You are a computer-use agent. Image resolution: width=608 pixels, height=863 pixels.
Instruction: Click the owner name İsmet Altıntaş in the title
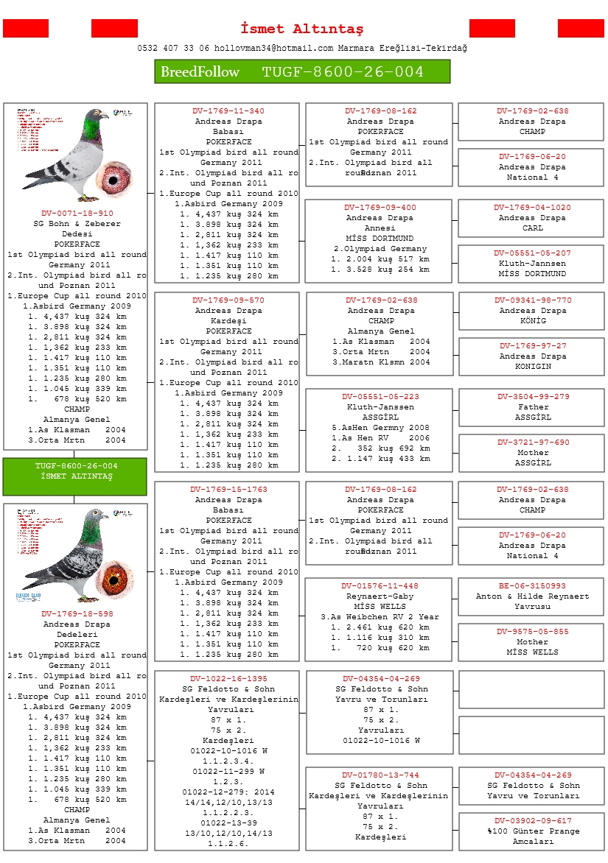click(x=302, y=29)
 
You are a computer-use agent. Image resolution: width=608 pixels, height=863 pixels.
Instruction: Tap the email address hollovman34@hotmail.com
click(x=274, y=48)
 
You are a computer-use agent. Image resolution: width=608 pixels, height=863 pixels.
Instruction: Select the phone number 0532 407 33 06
click(x=173, y=48)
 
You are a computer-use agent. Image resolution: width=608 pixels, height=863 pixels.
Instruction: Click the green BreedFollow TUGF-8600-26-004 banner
click(x=302, y=71)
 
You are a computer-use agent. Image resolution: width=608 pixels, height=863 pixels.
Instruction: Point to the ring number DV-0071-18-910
click(x=77, y=214)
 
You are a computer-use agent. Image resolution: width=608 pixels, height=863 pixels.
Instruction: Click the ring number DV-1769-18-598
click(x=77, y=613)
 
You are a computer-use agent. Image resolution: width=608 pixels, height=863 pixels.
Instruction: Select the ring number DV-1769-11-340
click(x=228, y=111)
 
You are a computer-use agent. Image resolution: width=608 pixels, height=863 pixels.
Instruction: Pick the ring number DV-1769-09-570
click(x=228, y=300)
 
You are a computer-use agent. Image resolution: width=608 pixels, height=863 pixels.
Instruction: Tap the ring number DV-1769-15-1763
click(x=228, y=490)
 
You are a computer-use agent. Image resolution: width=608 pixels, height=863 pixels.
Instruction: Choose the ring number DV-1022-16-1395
click(x=228, y=679)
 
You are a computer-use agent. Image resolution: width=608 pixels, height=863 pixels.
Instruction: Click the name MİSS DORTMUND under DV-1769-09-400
click(x=380, y=239)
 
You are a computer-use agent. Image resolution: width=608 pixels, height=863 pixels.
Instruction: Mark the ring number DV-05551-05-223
click(x=380, y=397)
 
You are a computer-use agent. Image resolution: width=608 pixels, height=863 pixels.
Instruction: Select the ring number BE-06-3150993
click(x=532, y=586)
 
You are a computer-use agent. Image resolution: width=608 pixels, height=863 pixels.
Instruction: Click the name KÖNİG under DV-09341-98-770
click(x=532, y=321)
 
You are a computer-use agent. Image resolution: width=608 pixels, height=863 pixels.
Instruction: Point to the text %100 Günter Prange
click(x=533, y=831)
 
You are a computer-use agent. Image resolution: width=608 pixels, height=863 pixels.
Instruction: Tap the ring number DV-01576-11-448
click(x=380, y=586)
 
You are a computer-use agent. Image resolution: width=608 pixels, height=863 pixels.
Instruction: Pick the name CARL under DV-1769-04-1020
click(x=532, y=228)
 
